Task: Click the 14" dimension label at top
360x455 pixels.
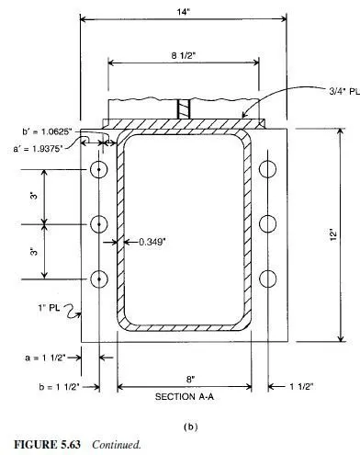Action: [x=184, y=12]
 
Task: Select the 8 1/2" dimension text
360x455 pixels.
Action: [x=183, y=55]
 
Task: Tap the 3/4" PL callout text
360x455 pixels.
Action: [x=344, y=91]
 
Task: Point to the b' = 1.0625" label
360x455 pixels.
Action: [x=47, y=131]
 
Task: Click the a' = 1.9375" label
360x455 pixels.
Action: [x=38, y=149]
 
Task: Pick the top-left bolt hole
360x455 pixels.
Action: [x=99, y=169]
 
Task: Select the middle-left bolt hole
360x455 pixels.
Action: [x=99, y=224]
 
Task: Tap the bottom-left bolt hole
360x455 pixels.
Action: [x=99, y=279]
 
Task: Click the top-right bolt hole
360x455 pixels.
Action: [x=267, y=169]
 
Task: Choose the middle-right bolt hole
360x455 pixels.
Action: [x=267, y=223]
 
